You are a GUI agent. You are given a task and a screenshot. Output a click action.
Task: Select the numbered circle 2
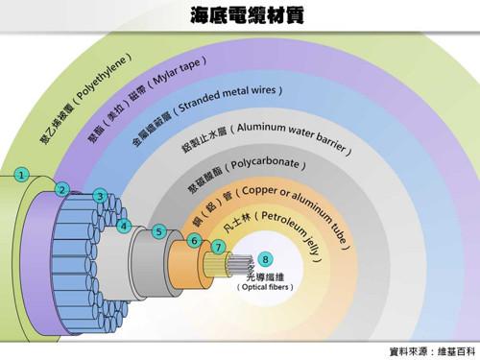(61, 190)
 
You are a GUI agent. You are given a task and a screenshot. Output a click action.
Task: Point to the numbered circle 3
(99, 197)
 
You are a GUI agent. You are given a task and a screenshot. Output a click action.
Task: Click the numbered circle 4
(124, 227)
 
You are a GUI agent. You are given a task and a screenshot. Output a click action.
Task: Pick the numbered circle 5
(158, 231)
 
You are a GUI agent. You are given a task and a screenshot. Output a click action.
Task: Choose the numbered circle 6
(194, 240)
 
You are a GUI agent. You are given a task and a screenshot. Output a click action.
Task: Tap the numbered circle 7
(219, 247)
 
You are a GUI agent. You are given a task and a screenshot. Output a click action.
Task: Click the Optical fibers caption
(265, 286)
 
